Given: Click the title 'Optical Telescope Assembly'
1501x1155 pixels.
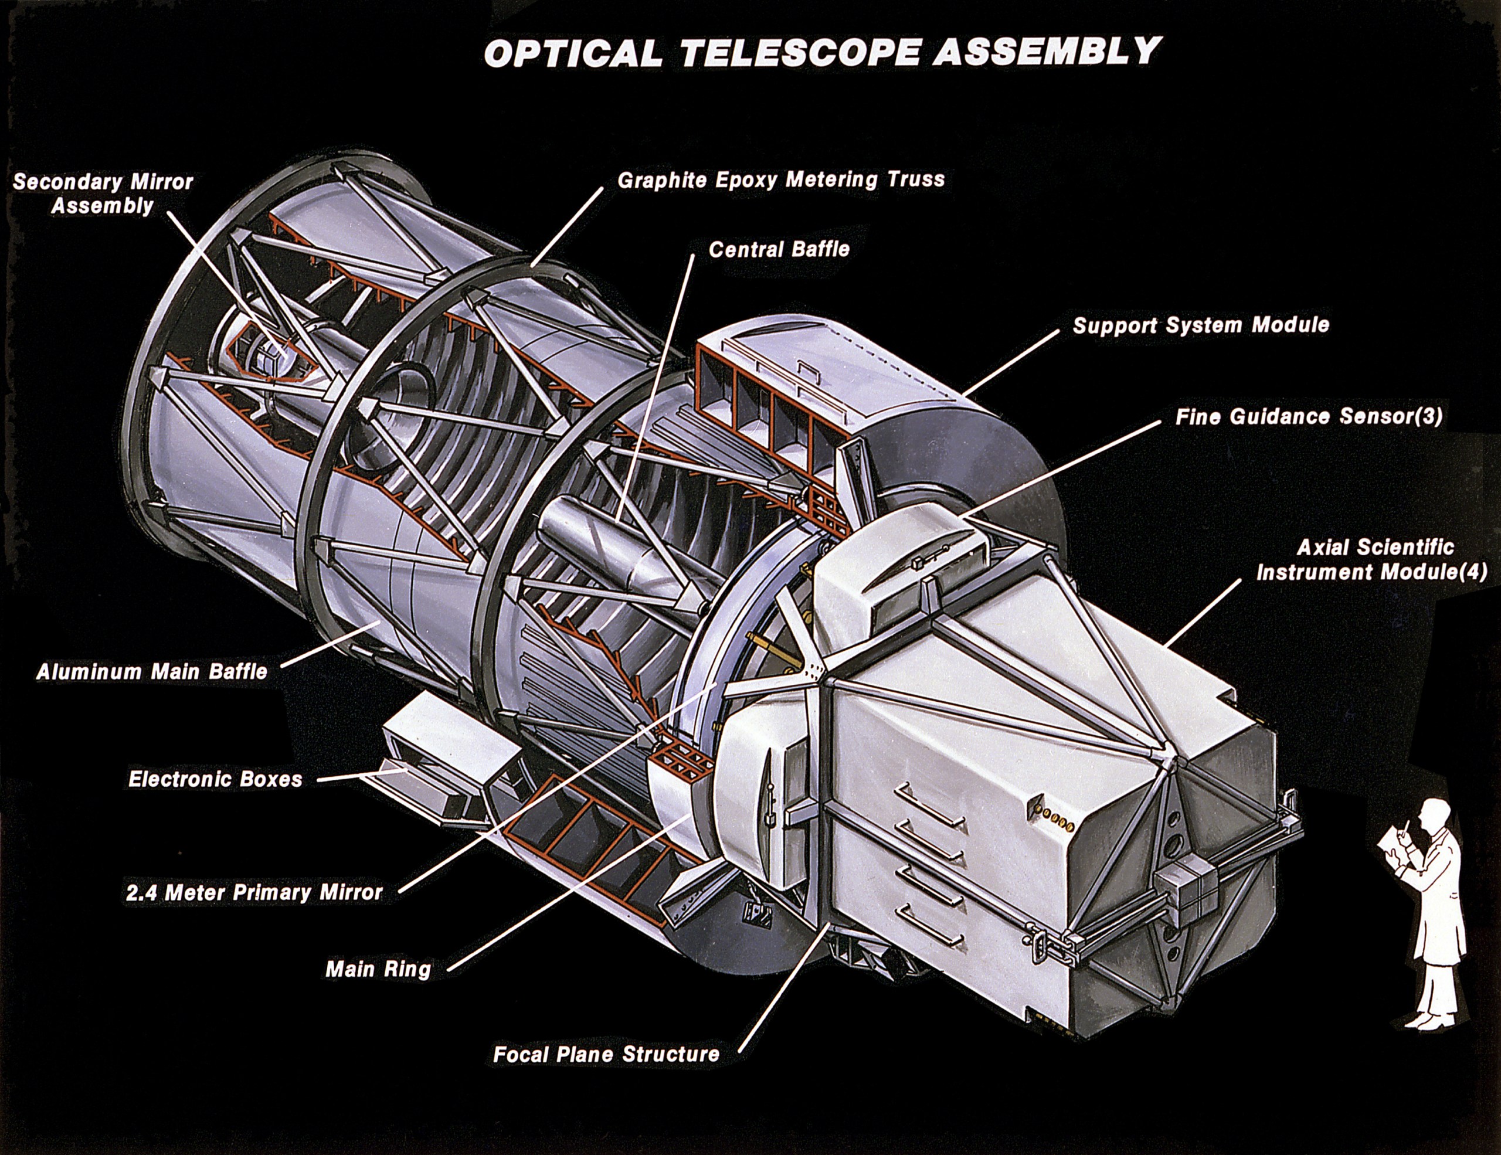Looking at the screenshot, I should [x=823, y=53].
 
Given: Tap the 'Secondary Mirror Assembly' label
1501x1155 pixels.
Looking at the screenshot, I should [x=103, y=193].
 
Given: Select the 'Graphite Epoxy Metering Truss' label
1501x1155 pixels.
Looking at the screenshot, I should [x=781, y=180].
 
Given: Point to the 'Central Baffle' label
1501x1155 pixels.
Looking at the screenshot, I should [x=779, y=249].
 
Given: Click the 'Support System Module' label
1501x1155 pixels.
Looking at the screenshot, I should [x=1201, y=325].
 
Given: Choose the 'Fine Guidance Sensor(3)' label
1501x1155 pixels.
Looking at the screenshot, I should [x=1309, y=416].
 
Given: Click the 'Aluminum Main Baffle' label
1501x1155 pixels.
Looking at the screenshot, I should [x=152, y=671].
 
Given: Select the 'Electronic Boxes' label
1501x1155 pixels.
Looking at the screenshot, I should [x=215, y=779].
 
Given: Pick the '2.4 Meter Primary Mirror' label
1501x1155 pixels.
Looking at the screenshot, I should [x=254, y=892].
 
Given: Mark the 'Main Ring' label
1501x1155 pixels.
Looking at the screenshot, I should [x=378, y=970].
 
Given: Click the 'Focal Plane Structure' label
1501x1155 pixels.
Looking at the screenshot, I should [x=606, y=1055].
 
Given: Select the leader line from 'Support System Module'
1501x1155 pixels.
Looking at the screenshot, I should [x=1010, y=362].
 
